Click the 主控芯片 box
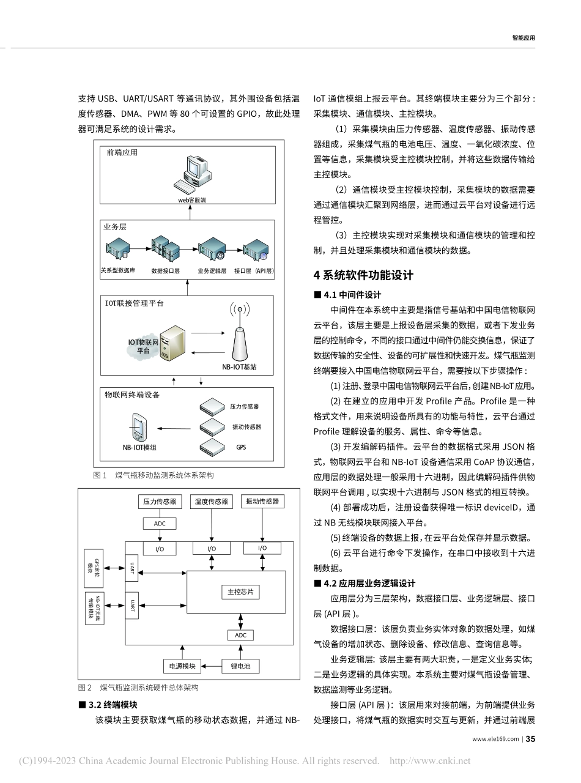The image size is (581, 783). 240,592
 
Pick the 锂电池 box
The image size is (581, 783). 236,666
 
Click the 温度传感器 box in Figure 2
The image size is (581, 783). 212,502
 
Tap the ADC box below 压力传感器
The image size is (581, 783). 159,523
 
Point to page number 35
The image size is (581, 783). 530,739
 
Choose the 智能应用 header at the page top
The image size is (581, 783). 524,37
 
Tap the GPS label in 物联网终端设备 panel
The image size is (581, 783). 241,447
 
